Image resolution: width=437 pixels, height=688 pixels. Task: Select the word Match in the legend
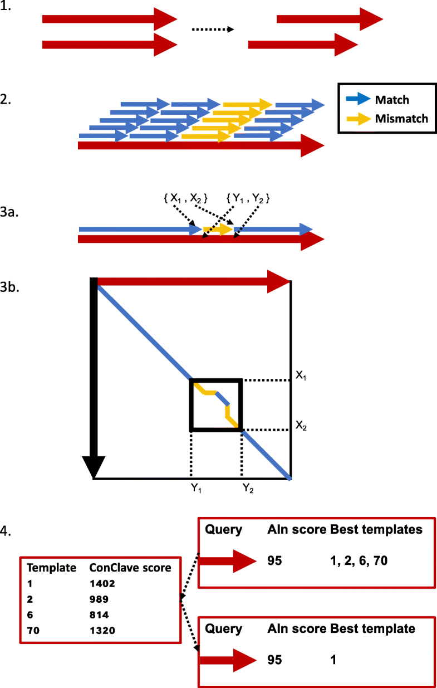pos(392,100)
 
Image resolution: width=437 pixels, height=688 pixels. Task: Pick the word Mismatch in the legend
pos(401,118)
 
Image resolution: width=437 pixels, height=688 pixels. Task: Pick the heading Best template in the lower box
pos(372,628)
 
